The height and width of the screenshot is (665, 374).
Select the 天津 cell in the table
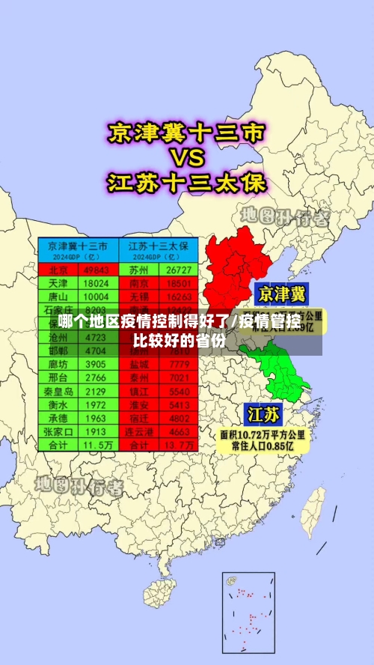click(x=58, y=283)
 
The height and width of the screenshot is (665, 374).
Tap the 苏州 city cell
click(x=138, y=270)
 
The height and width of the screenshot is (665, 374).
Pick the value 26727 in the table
click(x=179, y=270)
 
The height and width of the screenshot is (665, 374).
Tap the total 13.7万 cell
click(x=179, y=444)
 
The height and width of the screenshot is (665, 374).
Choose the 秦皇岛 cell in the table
click(x=58, y=391)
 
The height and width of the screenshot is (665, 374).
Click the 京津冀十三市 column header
click(x=78, y=246)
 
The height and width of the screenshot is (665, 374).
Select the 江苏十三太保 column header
click(x=159, y=246)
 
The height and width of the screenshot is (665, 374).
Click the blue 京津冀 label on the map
click(x=281, y=294)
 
